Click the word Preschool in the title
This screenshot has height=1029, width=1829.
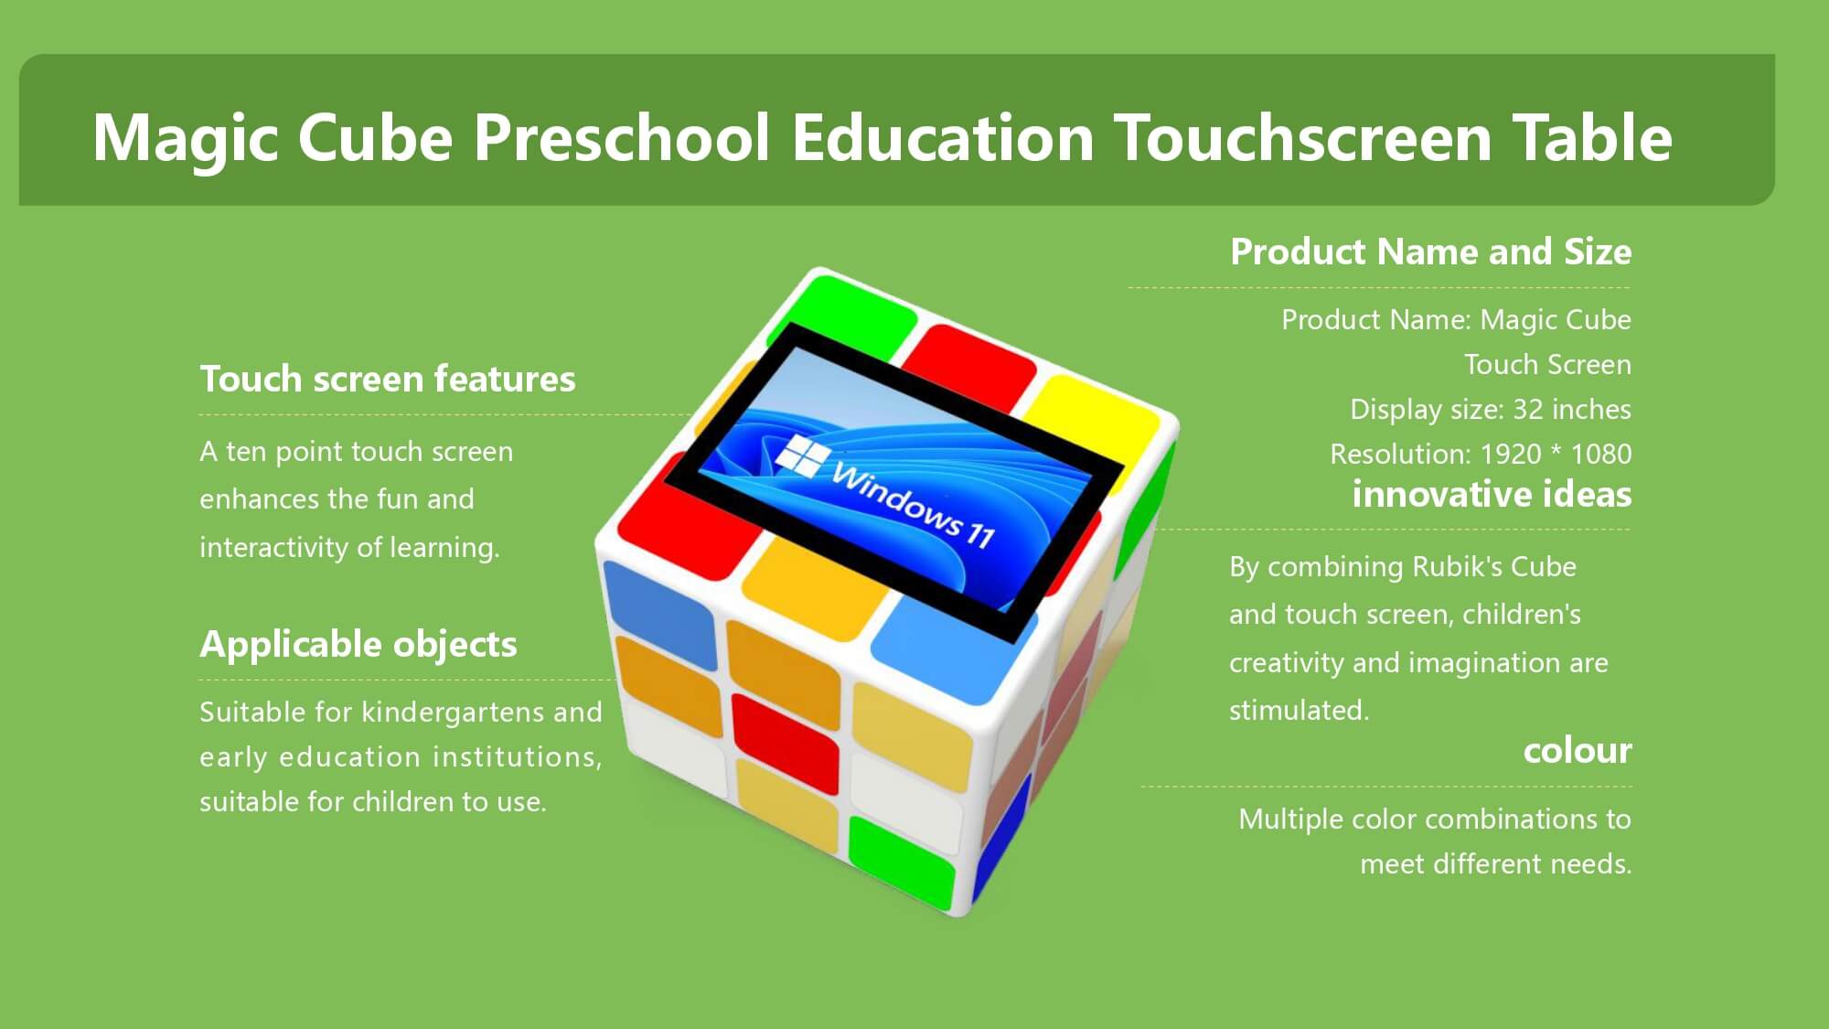pyautogui.click(x=621, y=139)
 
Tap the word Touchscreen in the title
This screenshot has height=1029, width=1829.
pyautogui.click(x=1303, y=137)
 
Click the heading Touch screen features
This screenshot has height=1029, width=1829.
pyautogui.click(x=388, y=379)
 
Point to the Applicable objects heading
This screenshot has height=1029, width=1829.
pyautogui.click(x=358, y=645)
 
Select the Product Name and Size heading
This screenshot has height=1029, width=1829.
pyautogui.click(x=1431, y=252)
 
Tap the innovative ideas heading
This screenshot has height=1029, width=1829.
pyautogui.click(x=1492, y=495)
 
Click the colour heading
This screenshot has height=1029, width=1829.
pyautogui.click(x=1578, y=751)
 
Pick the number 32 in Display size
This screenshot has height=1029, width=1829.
pyautogui.click(x=1527, y=409)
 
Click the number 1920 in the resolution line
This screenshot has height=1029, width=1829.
pyautogui.click(x=1511, y=454)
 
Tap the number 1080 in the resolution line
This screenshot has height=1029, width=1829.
pyautogui.click(x=1601, y=454)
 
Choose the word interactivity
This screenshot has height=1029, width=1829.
pyautogui.click(x=274, y=548)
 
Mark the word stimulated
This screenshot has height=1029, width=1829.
pyautogui.click(x=1299, y=711)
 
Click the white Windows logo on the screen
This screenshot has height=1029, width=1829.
pyautogui.click(x=803, y=456)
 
